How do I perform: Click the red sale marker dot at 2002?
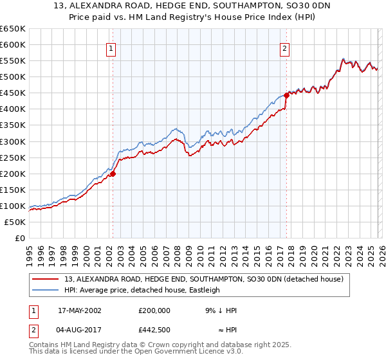click(x=113, y=173)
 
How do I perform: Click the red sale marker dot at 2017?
click(x=286, y=94)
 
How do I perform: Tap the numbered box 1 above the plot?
click(x=111, y=48)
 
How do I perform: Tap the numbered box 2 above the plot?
click(x=284, y=48)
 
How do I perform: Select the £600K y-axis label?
click(x=13, y=44)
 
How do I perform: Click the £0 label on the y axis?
click(x=19, y=238)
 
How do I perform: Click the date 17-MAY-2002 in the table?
click(x=79, y=310)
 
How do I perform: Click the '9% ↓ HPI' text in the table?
click(x=221, y=310)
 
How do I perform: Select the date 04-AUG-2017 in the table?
click(x=79, y=332)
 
